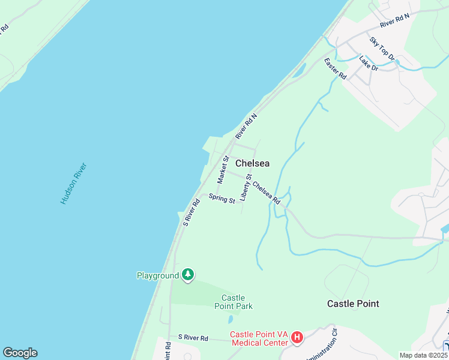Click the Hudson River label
pos(74,184)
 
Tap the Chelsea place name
pos(252,163)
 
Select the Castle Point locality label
pos(353,304)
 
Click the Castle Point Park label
pos(234,302)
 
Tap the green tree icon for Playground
pos(188,275)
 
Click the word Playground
pos(158,275)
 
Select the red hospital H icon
pos(297,338)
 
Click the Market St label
pos(223,170)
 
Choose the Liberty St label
pos(245,187)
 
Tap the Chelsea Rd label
pos(267,193)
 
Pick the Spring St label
pos(221,198)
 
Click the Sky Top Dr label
pos(382,49)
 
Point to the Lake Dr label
pos(369,63)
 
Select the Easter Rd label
pos(336,69)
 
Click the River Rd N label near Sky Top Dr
pos(394,21)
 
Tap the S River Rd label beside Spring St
pos(191,212)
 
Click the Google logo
pos(20,353)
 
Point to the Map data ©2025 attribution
pos(423,355)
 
